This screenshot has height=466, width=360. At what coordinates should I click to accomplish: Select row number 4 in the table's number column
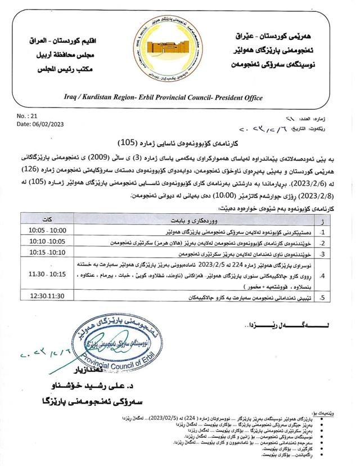click(x=323, y=275)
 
